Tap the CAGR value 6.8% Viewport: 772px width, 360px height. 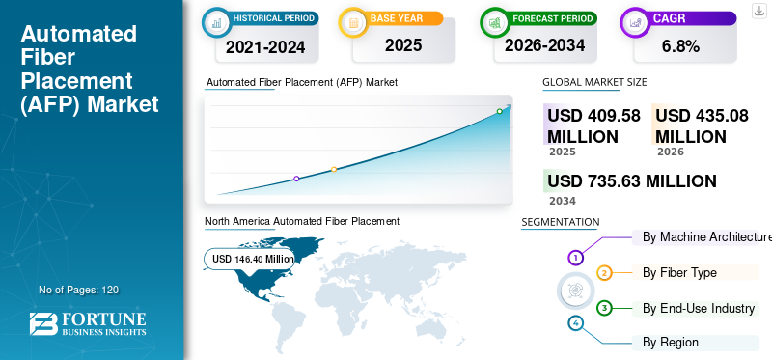point(681,45)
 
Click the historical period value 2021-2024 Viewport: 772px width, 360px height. point(264,45)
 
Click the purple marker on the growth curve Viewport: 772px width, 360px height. point(296,179)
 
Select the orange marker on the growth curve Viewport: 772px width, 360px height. point(334,170)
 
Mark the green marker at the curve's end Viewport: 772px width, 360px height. point(499,112)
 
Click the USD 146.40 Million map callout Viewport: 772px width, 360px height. point(253,259)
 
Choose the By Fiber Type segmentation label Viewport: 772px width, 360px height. point(679,273)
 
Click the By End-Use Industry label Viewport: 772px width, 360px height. point(698,308)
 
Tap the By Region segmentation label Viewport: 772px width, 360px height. point(670,342)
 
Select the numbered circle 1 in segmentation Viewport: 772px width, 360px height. point(575,258)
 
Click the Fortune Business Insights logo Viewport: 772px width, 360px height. point(88,323)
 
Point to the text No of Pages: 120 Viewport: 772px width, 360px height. point(78,290)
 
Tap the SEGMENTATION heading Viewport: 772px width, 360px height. point(560,222)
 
